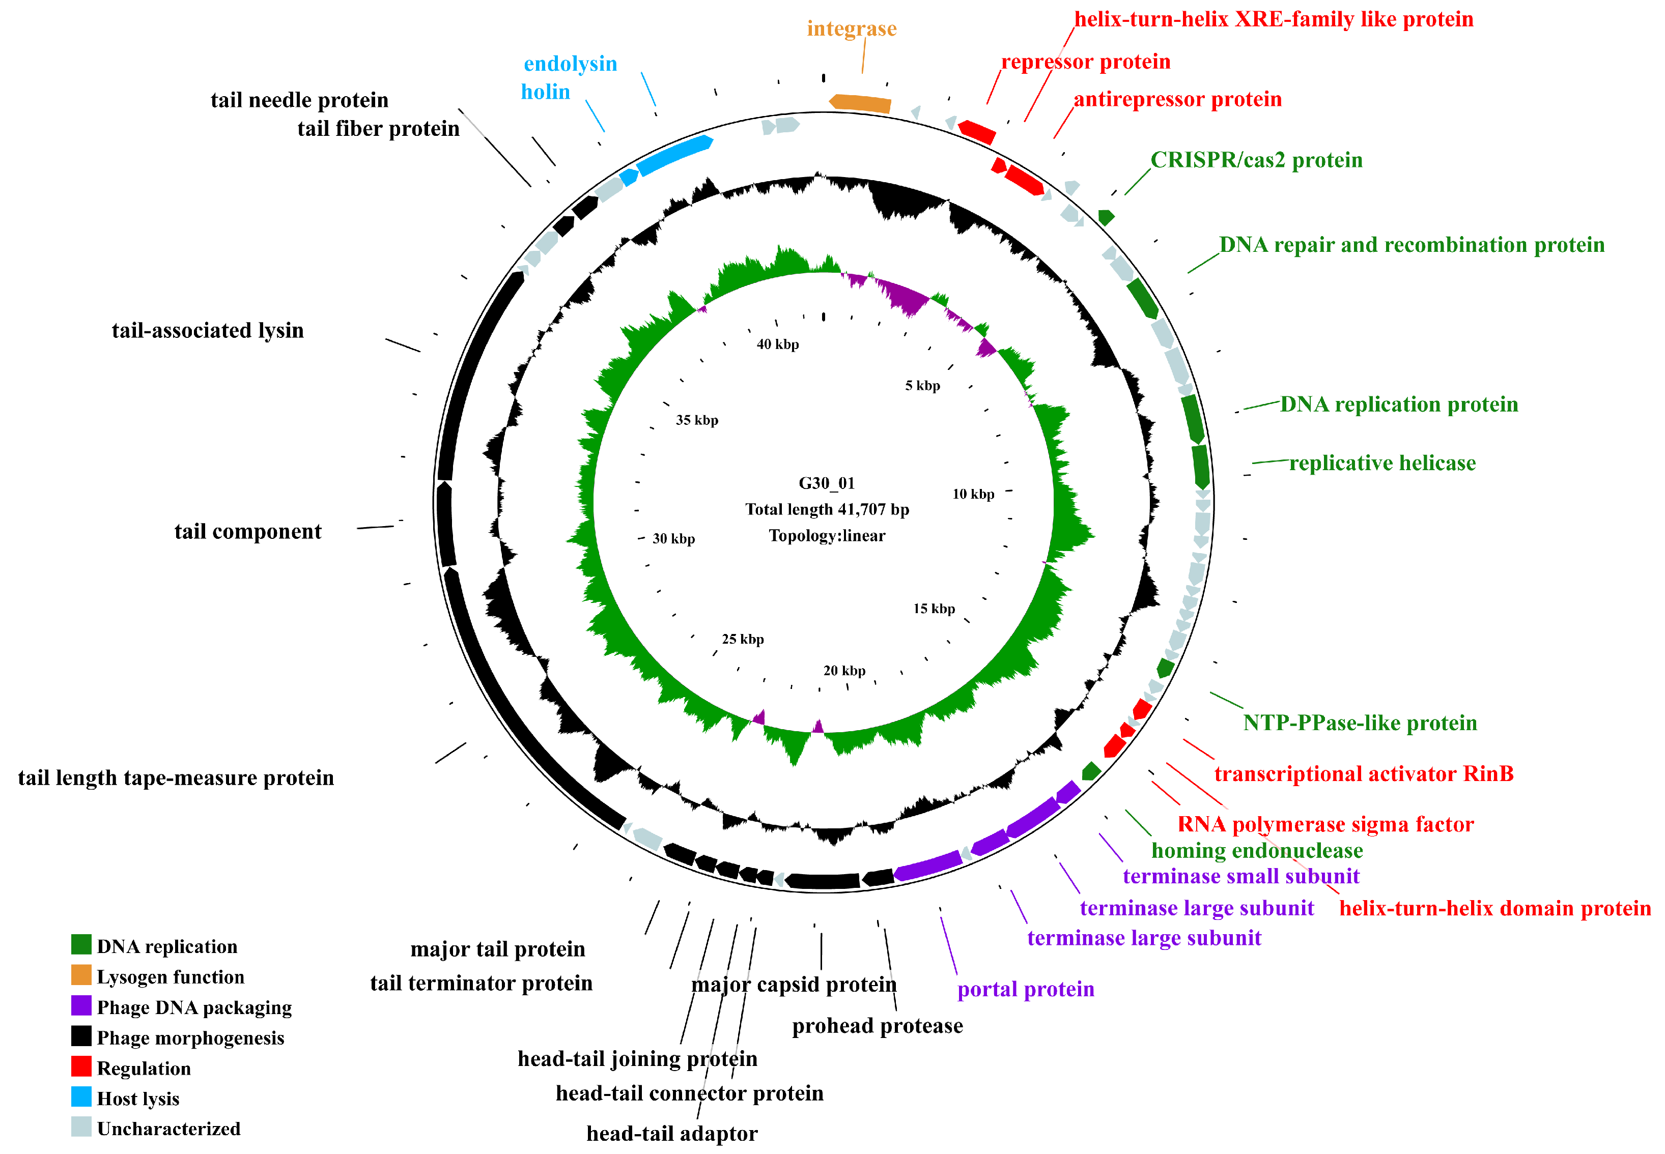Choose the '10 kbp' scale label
point(973,494)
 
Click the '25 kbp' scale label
point(742,639)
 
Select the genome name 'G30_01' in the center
point(826,483)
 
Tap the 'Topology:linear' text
point(827,536)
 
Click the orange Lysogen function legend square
point(81,975)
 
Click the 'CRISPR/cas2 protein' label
point(1256,160)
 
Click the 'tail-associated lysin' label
point(208,330)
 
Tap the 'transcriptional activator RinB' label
point(1363,774)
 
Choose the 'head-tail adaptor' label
point(671,1133)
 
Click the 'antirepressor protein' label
point(1177,99)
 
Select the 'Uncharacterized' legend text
point(168,1129)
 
